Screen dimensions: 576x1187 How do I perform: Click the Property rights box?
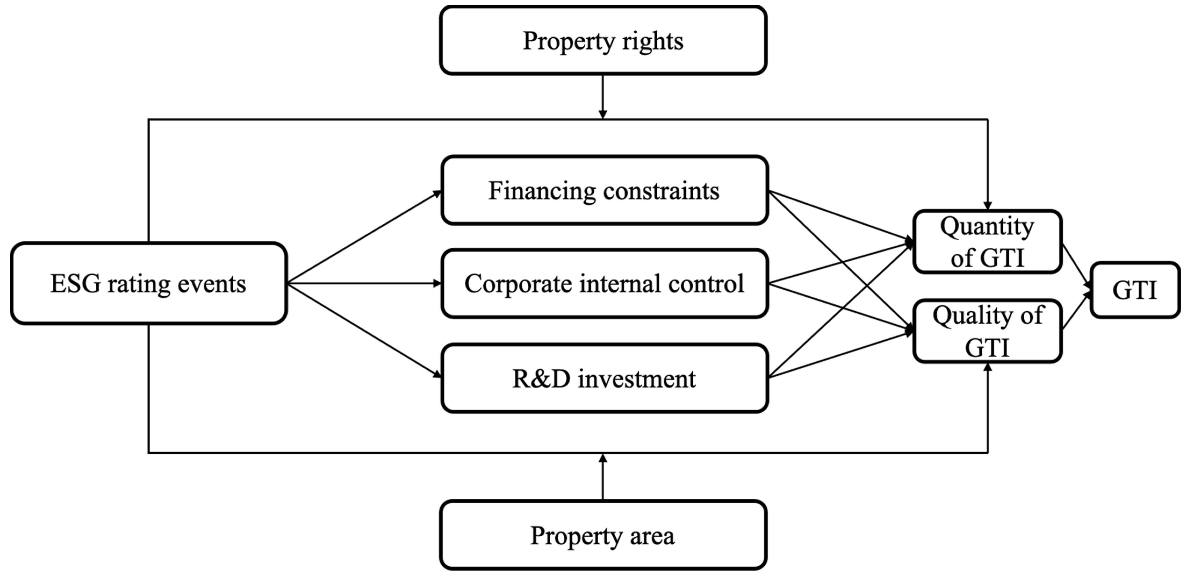click(603, 41)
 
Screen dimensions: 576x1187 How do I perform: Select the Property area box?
click(603, 535)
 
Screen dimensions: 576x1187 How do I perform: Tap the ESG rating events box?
click(148, 283)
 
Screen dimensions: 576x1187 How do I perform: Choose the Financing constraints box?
click(604, 190)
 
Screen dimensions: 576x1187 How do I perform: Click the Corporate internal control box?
click(604, 283)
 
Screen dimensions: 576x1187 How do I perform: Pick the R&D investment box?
click(604, 378)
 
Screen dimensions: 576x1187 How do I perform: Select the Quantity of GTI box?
click(987, 242)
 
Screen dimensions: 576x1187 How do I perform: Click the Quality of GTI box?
click(987, 331)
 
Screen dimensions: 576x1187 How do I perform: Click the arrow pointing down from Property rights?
click(603, 97)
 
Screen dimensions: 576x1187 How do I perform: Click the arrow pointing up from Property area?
click(603, 477)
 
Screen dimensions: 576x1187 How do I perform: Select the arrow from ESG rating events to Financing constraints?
click(364, 237)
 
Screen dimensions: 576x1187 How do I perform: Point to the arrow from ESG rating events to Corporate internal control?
click(364, 283)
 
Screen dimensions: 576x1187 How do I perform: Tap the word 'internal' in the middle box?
click(620, 283)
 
